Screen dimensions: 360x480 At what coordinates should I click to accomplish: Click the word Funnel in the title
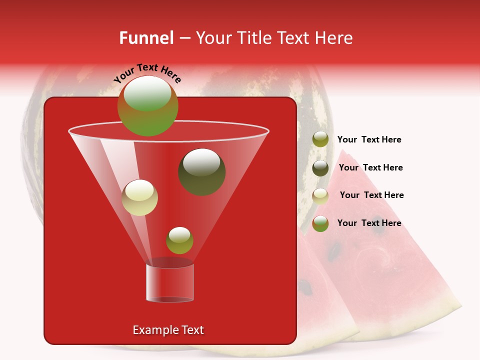146,38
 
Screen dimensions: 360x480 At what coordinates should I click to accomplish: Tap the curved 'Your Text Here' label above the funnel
147,73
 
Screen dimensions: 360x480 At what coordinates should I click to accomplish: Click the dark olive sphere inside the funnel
201,172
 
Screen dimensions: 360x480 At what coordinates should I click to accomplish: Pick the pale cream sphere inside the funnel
139,197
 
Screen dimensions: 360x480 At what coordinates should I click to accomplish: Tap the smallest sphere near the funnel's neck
179,240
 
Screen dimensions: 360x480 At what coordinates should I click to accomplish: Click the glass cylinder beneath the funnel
170,282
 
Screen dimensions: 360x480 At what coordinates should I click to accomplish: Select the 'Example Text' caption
168,330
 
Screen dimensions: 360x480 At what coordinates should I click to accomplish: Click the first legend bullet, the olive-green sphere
320,139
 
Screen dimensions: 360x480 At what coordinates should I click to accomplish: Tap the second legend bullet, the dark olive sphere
320,168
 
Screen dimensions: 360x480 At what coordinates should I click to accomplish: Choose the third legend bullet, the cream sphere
320,195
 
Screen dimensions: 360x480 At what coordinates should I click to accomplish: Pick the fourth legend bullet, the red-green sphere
320,223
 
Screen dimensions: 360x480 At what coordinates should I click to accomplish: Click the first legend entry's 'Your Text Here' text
369,140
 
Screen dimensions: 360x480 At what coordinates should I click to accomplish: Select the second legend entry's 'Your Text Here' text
370,168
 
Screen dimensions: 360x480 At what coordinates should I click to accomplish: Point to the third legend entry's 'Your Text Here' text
371,195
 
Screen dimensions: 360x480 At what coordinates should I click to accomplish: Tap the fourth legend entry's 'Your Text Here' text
369,223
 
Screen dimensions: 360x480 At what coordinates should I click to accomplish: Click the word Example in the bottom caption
153,330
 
